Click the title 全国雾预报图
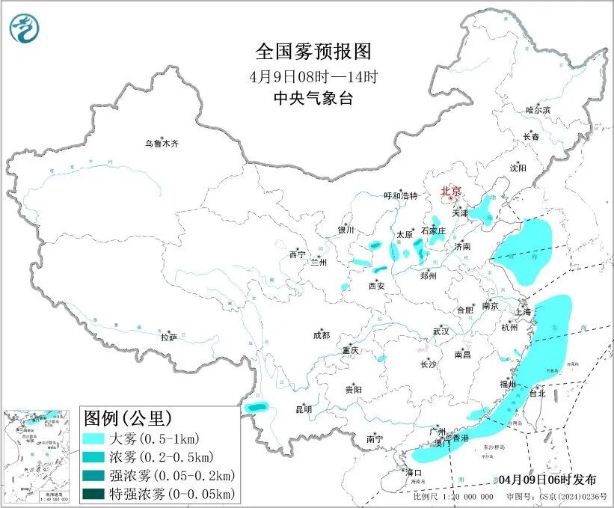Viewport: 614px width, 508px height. tap(313, 52)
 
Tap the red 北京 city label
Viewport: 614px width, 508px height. tap(451, 192)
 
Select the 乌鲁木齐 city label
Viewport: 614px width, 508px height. tap(162, 143)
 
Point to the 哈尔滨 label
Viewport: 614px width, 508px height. tap(537, 110)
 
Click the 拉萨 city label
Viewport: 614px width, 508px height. tap(168, 337)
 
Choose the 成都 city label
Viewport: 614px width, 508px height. tap(322, 336)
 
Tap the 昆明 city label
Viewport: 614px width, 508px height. tap(303, 409)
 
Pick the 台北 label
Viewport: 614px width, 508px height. tap(538, 392)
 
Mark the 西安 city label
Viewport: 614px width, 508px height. tap(377, 285)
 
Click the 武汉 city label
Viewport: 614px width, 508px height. tap(441, 331)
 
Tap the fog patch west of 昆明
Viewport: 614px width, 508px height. tap(257, 407)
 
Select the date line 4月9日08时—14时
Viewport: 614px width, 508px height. tap(314, 76)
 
